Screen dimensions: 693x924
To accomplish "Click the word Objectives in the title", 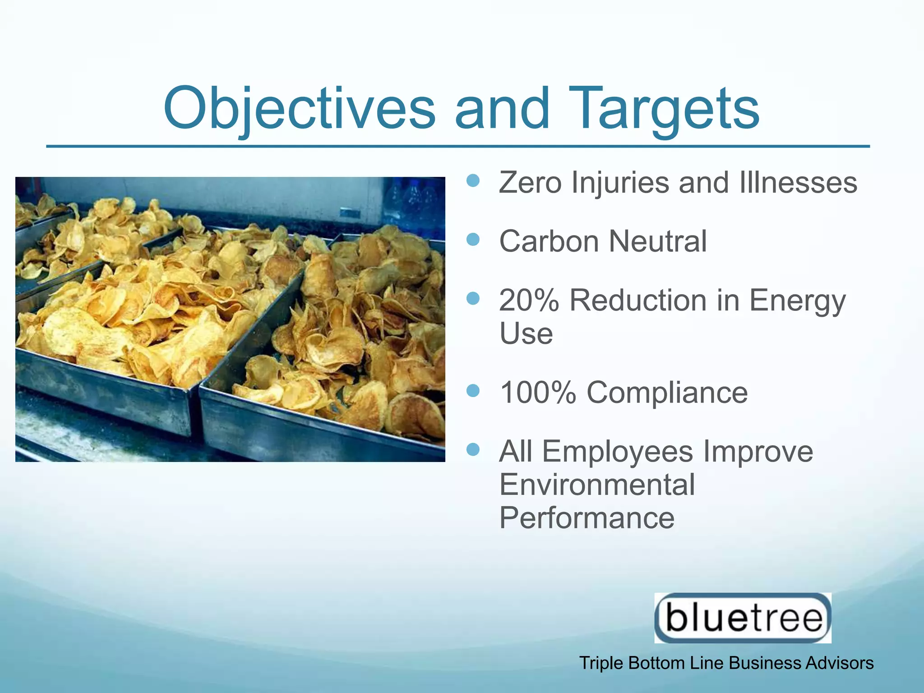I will [x=299, y=108].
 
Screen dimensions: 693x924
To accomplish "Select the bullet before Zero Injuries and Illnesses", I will [x=473, y=181].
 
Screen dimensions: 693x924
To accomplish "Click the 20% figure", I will [x=529, y=300].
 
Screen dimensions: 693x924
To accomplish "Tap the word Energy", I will [x=797, y=301].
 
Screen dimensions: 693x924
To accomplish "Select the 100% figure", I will [x=538, y=392].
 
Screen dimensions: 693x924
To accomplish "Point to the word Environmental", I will [x=597, y=485].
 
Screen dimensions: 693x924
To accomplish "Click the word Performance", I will [x=587, y=518].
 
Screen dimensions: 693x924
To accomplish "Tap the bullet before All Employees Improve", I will [x=473, y=449].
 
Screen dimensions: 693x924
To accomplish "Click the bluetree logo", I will [x=743, y=618].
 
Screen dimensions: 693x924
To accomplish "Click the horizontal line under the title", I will [x=457, y=147].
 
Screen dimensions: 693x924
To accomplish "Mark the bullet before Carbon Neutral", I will [x=473, y=240].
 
